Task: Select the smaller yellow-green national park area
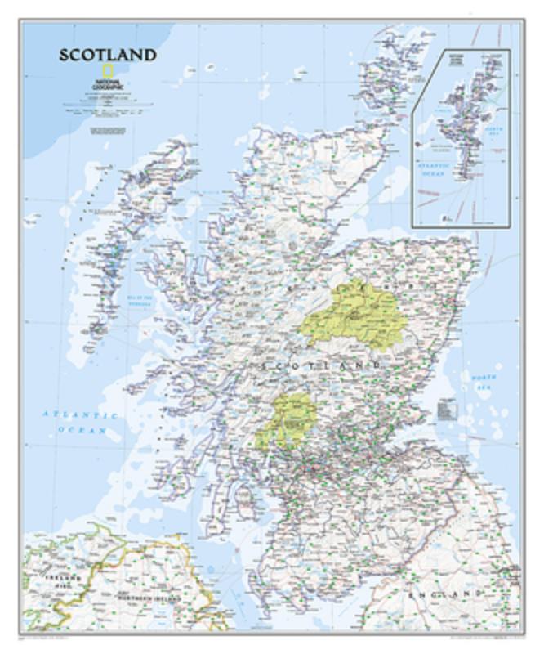289,419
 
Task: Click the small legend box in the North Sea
449,405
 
